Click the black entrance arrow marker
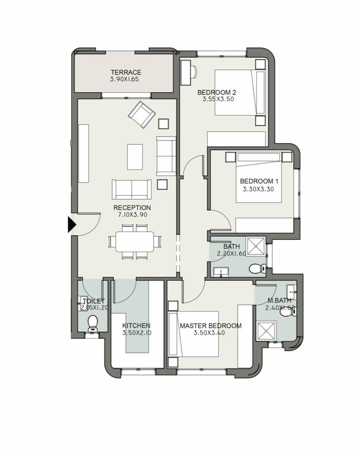pyautogui.click(x=72, y=225)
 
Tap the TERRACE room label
pyautogui.click(x=126, y=72)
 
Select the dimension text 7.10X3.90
pyautogui.click(x=132, y=215)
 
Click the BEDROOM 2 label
pyautogui.click(x=217, y=92)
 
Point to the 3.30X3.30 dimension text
pyautogui.click(x=258, y=189)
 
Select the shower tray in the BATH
pyautogui.click(x=255, y=247)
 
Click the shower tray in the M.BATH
pyautogui.click(x=266, y=331)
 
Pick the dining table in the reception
pyautogui.click(x=135, y=242)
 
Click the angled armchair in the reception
pyautogui.click(x=142, y=114)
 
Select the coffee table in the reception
pyautogui.click(x=135, y=157)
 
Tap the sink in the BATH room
pyautogui.click(x=221, y=272)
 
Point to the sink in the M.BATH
pyautogui.click(x=292, y=292)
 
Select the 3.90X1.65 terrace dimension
pyautogui.click(x=125, y=79)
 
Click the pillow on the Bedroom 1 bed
pyautogui.click(x=259, y=157)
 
